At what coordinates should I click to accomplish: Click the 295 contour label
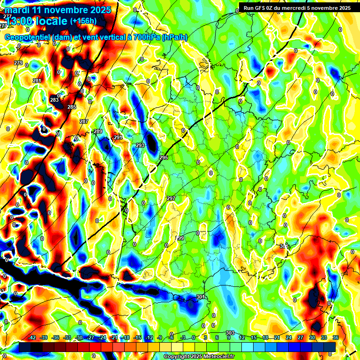(x=164, y=157)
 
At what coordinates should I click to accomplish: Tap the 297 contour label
(x=171, y=198)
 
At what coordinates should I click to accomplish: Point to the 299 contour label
(x=180, y=239)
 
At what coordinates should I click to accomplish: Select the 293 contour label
(x=140, y=146)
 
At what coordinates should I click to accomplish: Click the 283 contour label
(x=54, y=100)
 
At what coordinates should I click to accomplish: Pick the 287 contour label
(x=84, y=121)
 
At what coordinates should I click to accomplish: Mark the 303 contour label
(x=230, y=333)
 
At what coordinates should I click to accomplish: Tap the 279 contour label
(x=18, y=63)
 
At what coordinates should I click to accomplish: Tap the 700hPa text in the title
(x=147, y=37)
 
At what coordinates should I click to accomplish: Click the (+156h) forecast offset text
(x=83, y=21)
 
